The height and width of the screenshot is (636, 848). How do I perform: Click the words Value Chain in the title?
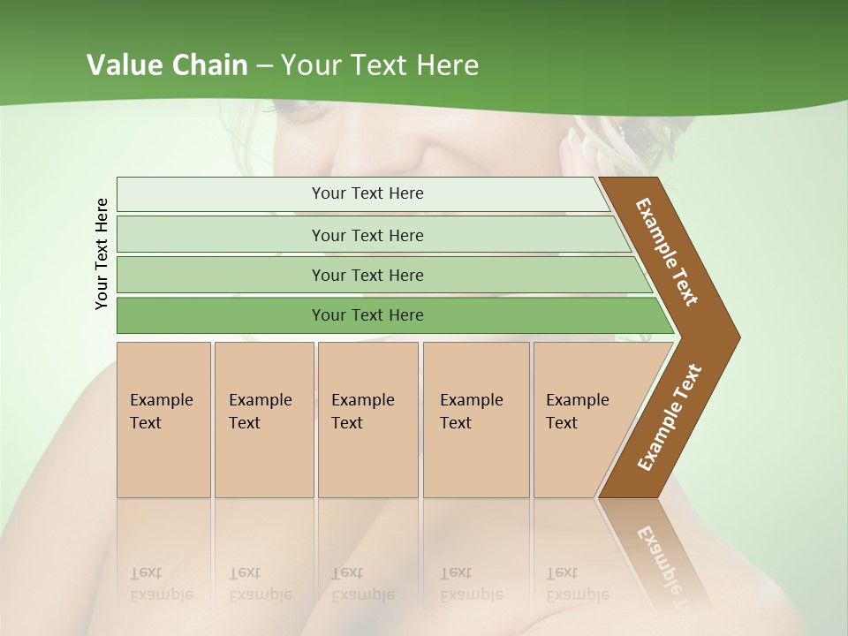[x=167, y=65]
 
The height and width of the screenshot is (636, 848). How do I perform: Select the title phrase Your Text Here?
[x=380, y=65]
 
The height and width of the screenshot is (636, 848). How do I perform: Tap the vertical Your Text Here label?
[x=102, y=254]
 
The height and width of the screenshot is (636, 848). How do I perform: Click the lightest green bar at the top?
[x=367, y=193]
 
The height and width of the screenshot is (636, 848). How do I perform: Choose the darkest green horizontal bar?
[x=367, y=315]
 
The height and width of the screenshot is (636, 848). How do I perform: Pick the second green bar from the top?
[x=367, y=235]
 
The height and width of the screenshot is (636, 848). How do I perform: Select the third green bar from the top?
[x=367, y=275]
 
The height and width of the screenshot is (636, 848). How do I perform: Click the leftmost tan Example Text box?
[x=163, y=420]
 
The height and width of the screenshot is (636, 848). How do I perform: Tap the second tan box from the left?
[x=263, y=420]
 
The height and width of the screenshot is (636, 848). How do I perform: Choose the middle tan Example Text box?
[x=367, y=420]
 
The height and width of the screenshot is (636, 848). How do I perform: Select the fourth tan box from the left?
[x=475, y=420]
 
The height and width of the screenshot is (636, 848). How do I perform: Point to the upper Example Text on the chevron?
[x=667, y=252]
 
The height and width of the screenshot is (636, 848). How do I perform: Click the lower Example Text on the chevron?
[x=670, y=418]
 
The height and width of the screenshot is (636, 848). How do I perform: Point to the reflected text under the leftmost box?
[x=162, y=583]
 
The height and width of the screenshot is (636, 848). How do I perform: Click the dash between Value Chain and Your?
[x=265, y=65]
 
